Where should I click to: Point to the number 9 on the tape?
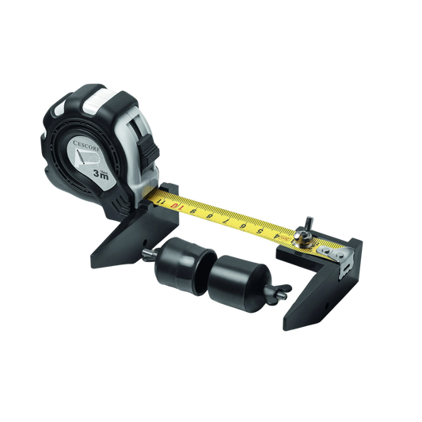coord(196,213)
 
